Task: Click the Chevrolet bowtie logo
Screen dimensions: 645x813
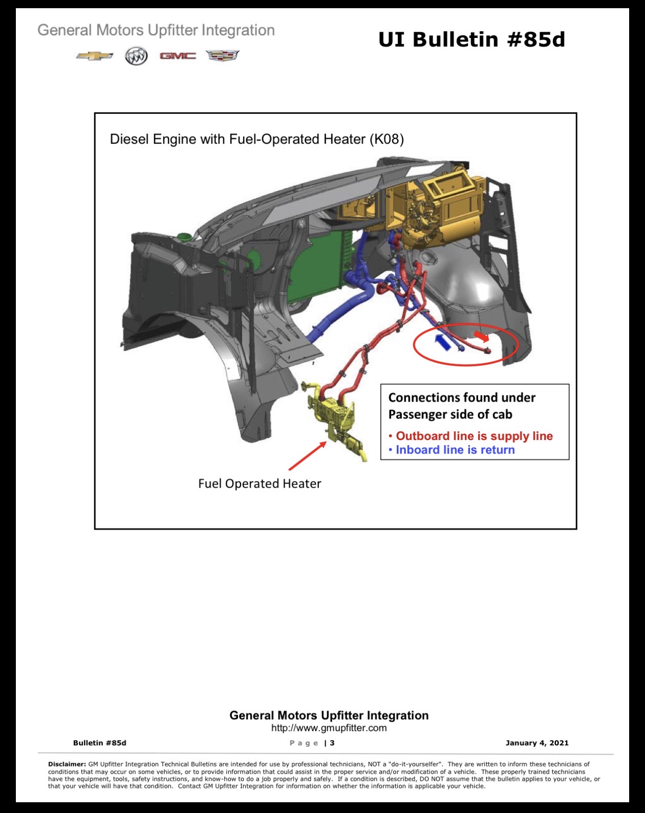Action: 94,56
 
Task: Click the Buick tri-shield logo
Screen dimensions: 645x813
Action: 136,56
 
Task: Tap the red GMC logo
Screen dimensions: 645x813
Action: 178,56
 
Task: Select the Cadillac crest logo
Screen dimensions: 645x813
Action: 223,55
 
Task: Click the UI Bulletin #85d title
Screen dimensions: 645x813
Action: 471,39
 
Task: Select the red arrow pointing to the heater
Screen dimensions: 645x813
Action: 307,456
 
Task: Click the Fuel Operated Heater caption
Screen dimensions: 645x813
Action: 260,484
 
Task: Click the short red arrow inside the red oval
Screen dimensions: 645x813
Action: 482,336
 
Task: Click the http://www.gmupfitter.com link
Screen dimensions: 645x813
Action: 329,728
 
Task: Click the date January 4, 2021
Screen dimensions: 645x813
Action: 537,743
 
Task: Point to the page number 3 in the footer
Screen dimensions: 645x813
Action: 332,743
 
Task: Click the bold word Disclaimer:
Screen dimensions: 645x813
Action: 67,764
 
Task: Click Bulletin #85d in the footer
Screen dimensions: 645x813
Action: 100,743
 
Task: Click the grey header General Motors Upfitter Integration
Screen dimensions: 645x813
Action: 156,30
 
